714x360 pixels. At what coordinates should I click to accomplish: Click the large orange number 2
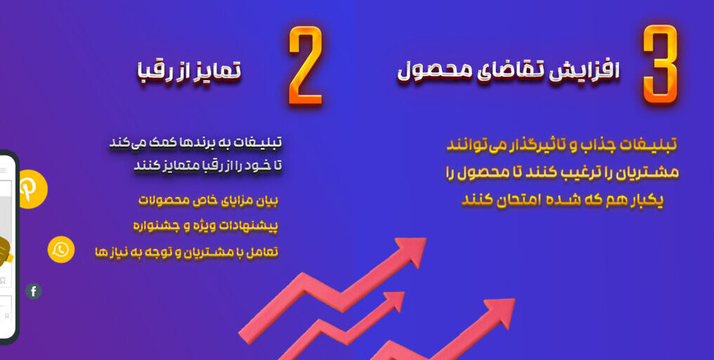point(305,66)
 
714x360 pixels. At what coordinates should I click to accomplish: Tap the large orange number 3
point(661,65)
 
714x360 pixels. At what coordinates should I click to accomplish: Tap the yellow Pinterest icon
point(32,189)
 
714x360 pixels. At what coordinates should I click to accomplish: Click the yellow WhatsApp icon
point(61,250)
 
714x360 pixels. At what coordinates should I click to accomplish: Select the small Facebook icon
point(33,291)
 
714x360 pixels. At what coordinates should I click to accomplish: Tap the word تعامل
point(264,252)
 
